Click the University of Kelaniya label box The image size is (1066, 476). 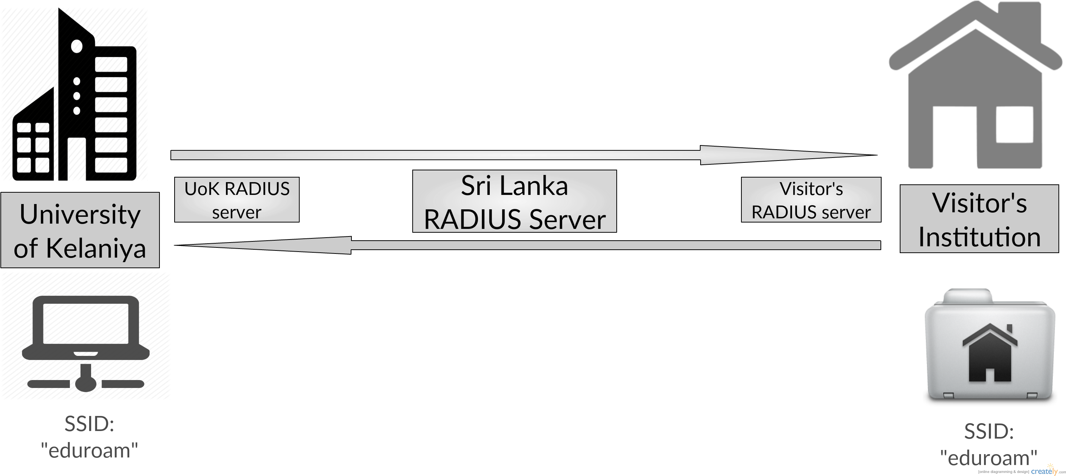pyautogui.click(x=80, y=230)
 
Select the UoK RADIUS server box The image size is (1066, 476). pyautogui.click(x=237, y=200)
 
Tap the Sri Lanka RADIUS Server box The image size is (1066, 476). pyautogui.click(x=514, y=201)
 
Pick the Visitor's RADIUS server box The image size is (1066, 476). pyautogui.click(x=811, y=200)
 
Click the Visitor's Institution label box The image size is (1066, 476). pyautogui.click(x=979, y=219)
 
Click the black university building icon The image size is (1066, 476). pyautogui.click(x=74, y=94)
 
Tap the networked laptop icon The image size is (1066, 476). pyautogui.click(x=86, y=343)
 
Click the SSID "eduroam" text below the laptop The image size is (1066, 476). pyautogui.click(x=90, y=437)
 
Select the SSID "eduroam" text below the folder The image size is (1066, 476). pyautogui.click(x=989, y=445)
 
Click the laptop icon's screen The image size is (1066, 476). pyautogui.click(x=86, y=323)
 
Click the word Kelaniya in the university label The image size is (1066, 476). pyautogui.click(x=96, y=249)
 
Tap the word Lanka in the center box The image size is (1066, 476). pyautogui.click(x=534, y=186)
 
